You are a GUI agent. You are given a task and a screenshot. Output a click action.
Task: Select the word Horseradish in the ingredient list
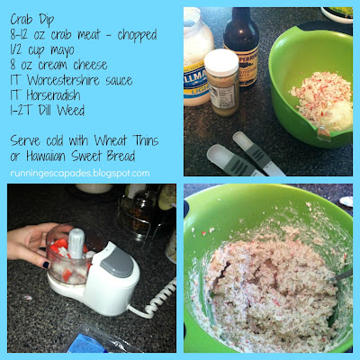[x=53, y=95]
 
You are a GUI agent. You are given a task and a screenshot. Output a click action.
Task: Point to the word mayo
[x=62, y=50]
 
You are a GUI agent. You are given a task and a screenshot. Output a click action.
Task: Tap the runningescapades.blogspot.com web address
[x=80, y=173]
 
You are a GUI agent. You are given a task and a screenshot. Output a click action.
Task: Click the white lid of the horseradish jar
[x=221, y=63]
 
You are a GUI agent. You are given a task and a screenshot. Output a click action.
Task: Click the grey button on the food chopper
[x=117, y=262]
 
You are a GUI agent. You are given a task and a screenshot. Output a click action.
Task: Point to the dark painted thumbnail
[x=46, y=265]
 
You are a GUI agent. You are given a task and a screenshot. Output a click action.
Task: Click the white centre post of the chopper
[x=76, y=243]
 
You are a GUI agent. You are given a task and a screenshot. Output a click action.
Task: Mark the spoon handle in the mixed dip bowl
[x=344, y=275]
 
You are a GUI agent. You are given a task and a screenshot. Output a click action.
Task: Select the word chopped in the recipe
[x=138, y=35]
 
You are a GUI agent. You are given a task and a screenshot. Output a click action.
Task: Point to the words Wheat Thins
[x=126, y=140]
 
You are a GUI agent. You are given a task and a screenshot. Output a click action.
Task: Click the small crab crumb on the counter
[x=28, y=298]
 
